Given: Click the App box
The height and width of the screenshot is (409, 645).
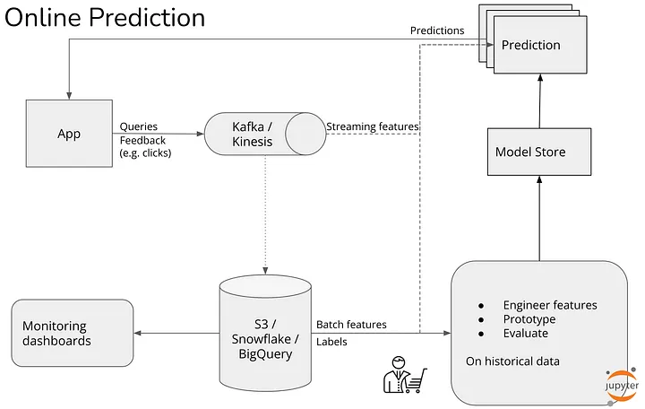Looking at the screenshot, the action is point(69,134).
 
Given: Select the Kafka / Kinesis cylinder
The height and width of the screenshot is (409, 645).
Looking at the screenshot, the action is point(265,134).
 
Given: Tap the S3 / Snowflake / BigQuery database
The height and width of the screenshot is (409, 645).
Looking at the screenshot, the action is point(265,334).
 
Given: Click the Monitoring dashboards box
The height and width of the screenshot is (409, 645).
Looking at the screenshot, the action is point(73,334).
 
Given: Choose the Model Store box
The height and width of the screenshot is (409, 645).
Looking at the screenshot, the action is point(539,152).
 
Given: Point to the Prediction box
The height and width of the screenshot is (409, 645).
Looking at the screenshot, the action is point(540,45).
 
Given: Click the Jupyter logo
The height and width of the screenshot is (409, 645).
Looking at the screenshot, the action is point(622,386).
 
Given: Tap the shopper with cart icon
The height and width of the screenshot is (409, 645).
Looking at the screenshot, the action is point(405,375).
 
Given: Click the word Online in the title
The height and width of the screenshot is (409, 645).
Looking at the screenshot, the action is point(43,17).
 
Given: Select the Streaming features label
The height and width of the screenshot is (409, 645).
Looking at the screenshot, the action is point(373,126).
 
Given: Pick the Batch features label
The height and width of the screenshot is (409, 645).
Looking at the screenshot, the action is point(351,325).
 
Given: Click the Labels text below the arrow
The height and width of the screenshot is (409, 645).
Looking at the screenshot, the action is point(331,342).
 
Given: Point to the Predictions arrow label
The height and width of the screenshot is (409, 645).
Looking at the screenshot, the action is point(437,30).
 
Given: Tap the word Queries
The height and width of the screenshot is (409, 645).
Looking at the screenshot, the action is point(139,126).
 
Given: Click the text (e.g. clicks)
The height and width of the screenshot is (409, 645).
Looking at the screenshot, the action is point(145,153).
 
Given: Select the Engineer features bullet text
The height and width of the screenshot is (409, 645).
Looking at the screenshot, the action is point(550,305).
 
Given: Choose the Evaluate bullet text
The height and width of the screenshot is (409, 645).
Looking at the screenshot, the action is point(526,334).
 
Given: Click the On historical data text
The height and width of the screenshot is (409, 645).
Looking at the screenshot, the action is point(512,361).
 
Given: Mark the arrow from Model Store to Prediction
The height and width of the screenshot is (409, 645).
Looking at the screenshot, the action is point(540,101).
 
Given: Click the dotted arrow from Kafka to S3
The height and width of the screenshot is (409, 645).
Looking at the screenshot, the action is point(265,214).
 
